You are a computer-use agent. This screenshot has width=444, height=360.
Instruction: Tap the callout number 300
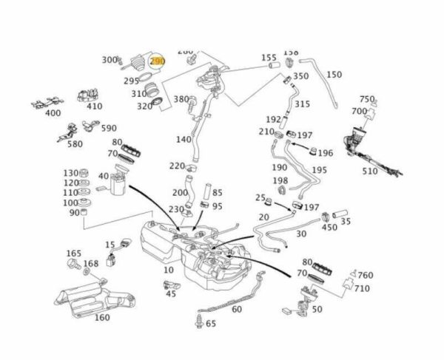(x=110, y=60)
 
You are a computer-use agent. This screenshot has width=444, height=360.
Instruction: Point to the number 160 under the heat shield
(x=102, y=318)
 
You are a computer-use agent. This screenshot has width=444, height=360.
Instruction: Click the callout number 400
(x=53, y=113)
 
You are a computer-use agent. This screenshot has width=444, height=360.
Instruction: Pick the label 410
(x=94, y=106)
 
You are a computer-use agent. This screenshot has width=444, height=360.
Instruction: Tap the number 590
(x=109, y=129)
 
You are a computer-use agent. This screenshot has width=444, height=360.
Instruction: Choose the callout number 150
(x=334, y=75)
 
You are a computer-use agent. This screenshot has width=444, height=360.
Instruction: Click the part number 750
(x=368, y=99)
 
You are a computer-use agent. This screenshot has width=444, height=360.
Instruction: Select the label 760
(x=366, y=275)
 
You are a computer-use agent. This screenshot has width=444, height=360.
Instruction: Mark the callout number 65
(x=211, y=323)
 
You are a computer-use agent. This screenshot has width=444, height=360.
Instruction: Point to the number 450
(x=329, y=228)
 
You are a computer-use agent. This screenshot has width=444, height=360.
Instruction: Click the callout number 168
(x=90, y=264)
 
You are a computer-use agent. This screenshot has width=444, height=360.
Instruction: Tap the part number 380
(x=181, y=100)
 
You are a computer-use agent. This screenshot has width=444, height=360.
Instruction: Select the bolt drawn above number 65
(x=198, y=321)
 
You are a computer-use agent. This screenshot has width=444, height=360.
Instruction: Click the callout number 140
(x=184, y=139)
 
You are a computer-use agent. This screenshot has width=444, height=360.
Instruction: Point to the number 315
(x=301, y=104)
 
